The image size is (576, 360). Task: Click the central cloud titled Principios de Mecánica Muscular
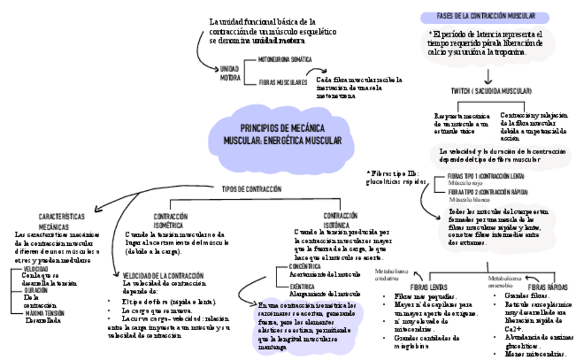[283, 134]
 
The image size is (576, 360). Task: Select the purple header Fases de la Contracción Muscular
[485, 16]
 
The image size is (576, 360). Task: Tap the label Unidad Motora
[230, 73]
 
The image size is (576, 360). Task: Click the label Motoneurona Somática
[285, 60]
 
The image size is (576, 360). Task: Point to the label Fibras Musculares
[283, 82]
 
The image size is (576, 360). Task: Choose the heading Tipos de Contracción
[251, 190]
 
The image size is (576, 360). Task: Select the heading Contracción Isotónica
[340, 219]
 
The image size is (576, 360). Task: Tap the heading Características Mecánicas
[62, 221]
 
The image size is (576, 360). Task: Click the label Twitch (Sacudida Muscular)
[490, 91]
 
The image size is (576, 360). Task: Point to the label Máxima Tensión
[45, 314]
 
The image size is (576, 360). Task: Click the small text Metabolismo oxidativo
[391, 274]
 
